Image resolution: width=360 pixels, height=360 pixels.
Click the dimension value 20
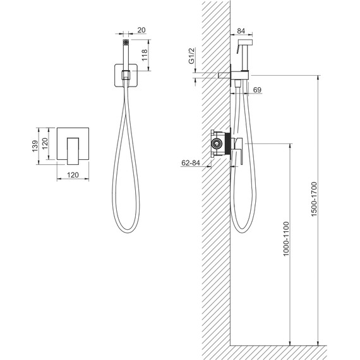141,30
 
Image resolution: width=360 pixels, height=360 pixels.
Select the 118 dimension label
145,55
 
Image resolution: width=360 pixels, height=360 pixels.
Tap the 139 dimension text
35,146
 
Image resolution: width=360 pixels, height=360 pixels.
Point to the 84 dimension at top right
241,31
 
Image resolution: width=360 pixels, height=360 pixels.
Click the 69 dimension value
257,90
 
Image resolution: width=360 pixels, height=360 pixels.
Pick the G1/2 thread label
191,56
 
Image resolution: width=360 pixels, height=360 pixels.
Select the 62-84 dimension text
191,163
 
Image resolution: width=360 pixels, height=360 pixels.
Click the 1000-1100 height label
286,239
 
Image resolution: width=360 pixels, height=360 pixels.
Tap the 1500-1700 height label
314,199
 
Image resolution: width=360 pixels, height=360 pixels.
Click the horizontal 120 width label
73,175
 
